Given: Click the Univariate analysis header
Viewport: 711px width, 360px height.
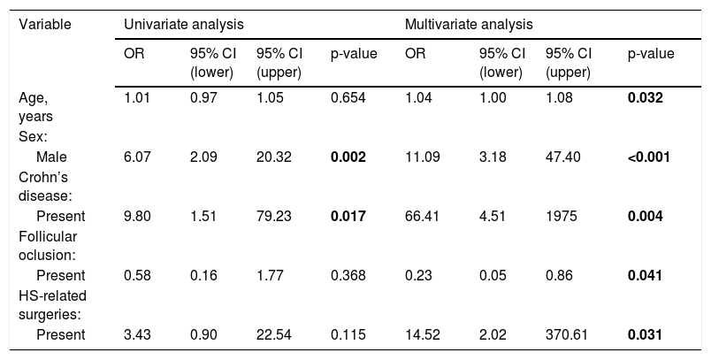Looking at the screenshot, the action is (x=184, y=24).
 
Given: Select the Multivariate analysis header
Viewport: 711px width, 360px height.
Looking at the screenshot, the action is (x=469, y=24).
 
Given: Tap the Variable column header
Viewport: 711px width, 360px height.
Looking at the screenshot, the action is (x=45, y=24).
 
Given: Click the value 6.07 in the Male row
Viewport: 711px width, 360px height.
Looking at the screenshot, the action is (x=137, y=157).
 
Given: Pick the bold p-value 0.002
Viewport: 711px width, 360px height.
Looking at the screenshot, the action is (x=348, y=157).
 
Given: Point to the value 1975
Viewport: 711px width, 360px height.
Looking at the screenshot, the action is (x=562, y=217).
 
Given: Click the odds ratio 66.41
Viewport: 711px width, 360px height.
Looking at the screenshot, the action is (x=422, y=217).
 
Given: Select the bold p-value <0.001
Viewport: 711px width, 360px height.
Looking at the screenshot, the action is (x=649, y=157).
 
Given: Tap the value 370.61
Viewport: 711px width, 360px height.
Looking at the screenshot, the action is (x=566, y=334).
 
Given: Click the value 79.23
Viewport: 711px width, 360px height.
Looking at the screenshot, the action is (x=274, y=217).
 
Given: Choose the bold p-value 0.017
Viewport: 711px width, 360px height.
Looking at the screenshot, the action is (x=348, y=217).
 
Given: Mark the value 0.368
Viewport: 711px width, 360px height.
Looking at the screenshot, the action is (x=348, y=275).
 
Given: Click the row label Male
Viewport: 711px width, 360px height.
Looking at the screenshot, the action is (x=51, y=157).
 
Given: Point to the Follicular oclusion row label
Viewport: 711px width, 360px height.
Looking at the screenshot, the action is (x=48, y=246).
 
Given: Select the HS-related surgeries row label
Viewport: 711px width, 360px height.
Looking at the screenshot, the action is (x=52, y=305).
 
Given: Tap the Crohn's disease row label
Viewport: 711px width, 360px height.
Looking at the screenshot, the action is (x=46, y=187).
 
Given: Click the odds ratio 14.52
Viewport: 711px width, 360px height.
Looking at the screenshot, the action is (x=422, y=334).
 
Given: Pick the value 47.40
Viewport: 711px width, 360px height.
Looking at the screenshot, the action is (x=562, y=157).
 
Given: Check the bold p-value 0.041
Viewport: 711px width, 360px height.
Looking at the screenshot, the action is (x=645, y=275).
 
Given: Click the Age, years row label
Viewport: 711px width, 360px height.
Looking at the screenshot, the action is (x=36, y=107).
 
